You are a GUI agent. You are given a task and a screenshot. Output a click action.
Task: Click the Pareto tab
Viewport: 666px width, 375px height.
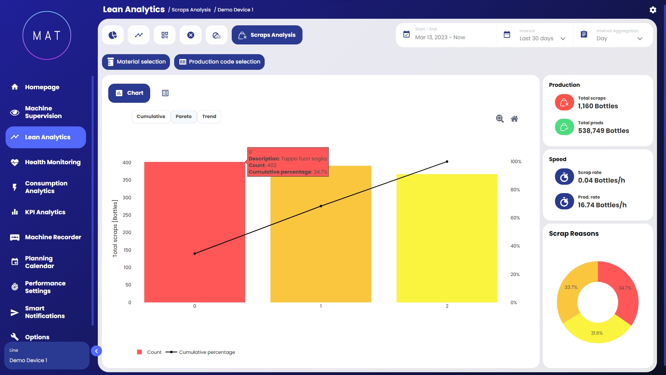[183, 117]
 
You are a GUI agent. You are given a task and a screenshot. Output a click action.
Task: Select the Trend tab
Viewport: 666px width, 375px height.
[209, 117]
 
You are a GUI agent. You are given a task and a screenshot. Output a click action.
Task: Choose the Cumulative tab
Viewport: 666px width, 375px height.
[151, 117]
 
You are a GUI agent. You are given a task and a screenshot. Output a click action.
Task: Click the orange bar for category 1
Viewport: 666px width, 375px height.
[321, 243]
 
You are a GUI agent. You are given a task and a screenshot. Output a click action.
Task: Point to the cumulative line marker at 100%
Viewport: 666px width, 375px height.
[447, 161]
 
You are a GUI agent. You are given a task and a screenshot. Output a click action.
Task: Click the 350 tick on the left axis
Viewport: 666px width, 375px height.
[127, 180]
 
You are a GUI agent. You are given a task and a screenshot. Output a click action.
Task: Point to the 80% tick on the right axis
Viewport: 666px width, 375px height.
[515, 190]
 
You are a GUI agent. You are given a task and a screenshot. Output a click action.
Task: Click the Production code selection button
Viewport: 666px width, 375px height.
[219, 62]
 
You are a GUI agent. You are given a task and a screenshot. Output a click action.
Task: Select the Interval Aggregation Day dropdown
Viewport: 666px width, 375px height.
[619, 35]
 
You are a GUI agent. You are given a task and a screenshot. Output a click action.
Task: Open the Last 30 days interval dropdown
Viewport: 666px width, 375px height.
[542, 35]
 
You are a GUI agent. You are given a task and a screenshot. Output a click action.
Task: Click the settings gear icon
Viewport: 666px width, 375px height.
[653, 10]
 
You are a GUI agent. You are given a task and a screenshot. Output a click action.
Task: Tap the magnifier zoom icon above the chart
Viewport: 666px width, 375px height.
[499, 119]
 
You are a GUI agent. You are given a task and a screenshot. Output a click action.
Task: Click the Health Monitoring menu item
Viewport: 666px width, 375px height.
[53, 162]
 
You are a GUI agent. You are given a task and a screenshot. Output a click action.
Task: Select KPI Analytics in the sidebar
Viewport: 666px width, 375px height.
[45, 212]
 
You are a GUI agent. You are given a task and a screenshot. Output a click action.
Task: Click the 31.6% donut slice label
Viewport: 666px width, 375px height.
[597, 333]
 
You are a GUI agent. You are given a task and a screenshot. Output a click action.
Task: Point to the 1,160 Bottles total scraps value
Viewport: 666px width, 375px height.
[598, 106]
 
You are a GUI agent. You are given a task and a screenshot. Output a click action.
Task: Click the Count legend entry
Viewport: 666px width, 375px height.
[150, 352]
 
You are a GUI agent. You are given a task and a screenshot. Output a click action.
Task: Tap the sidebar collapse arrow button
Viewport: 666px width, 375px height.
[96, 351]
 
